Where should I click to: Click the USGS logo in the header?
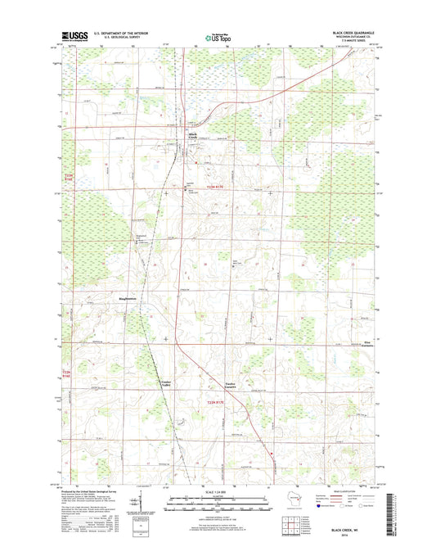[x=73, y=36]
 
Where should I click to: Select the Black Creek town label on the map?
[x=193, y=136]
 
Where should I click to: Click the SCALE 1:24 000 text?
[x=218, y=490]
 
